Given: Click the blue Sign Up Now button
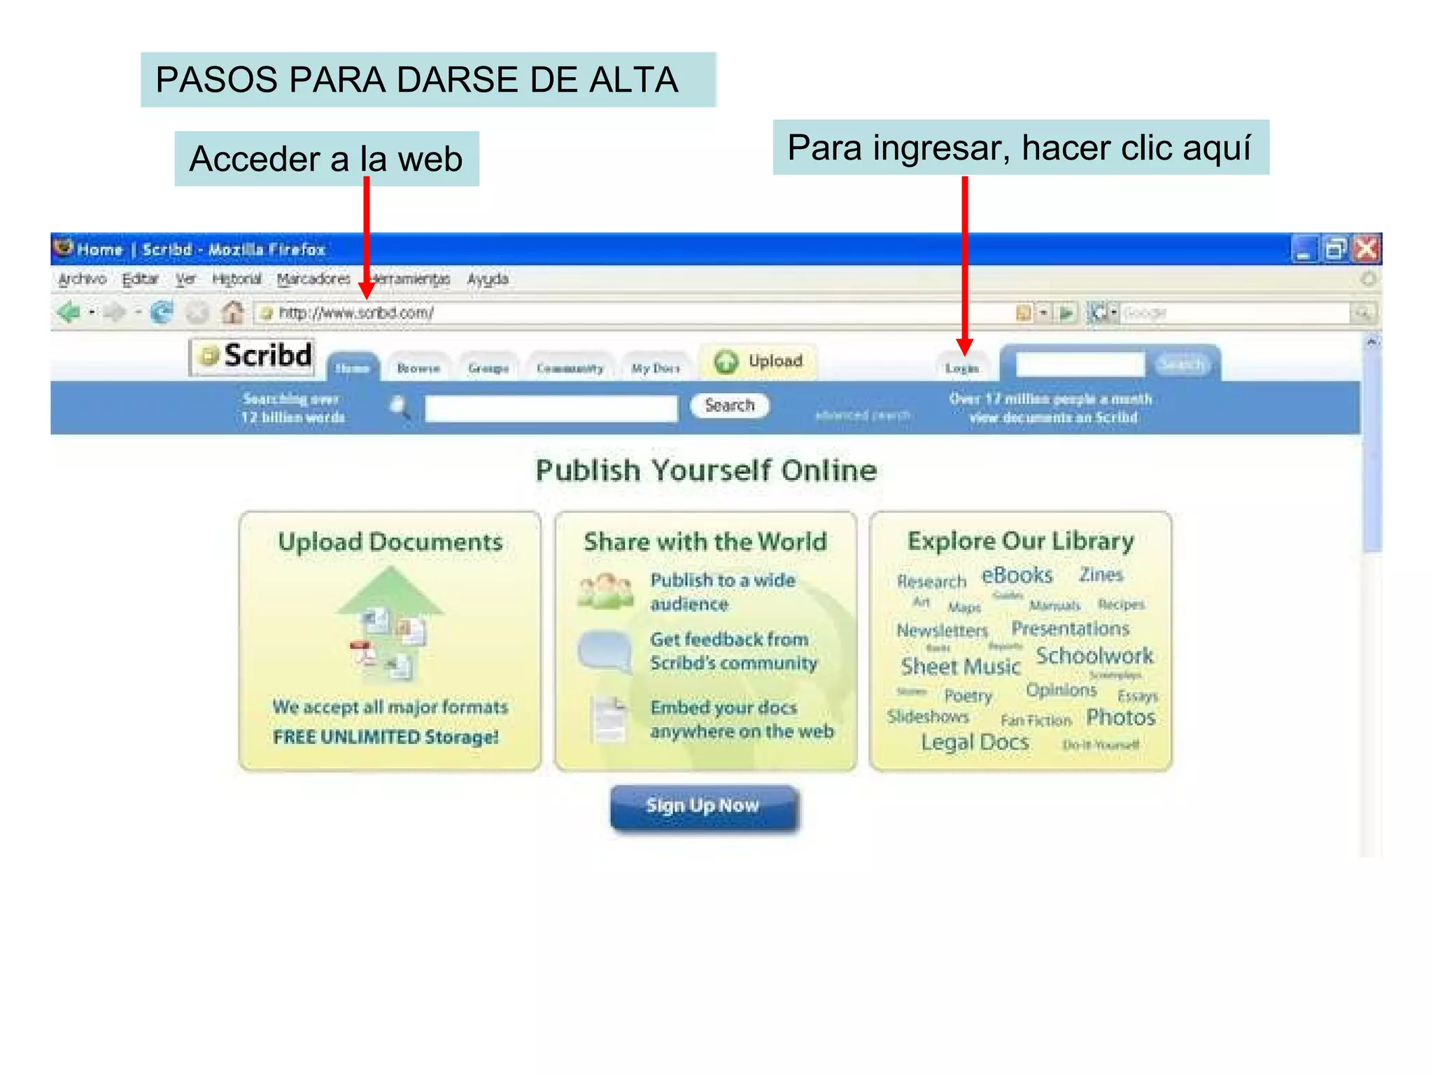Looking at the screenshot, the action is (703, 806).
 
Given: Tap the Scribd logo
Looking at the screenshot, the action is (253, 356).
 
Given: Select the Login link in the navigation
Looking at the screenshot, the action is (961, 368).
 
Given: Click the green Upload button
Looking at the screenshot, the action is (758, 361).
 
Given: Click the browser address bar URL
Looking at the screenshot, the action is (356, 313).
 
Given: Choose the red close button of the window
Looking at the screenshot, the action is (1366, 249).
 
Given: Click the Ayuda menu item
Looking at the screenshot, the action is (488, 279).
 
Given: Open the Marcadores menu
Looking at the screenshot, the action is (313, 279).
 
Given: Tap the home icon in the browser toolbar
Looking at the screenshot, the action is (232, 312).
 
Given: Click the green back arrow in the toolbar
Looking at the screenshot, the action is (69, 312).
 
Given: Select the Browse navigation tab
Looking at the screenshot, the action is (418, 368).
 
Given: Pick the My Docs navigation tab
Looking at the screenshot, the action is (656, 368).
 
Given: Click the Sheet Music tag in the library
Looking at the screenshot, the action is (960, 666).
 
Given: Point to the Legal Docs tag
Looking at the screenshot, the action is (975, 742).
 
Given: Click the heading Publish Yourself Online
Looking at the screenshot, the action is (706, 470).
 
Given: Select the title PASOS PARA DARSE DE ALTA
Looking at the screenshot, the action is (417, 80).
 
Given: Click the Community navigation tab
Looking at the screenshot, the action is (570, 368).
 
